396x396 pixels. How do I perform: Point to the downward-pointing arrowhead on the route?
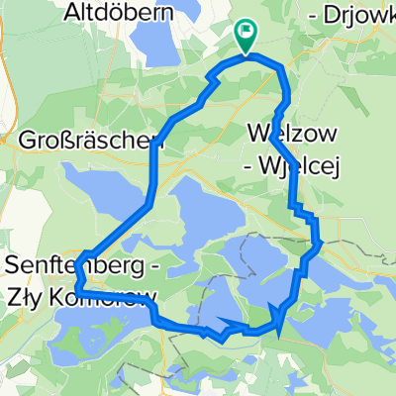tap(280, 319)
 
